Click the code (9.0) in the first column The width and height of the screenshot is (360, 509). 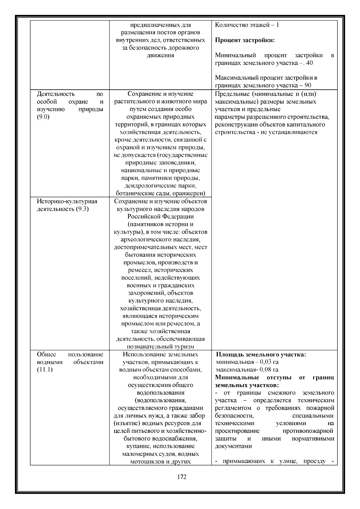coord(43,117)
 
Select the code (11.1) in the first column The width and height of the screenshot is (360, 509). coord(45,370)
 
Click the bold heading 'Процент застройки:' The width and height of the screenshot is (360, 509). coord(245,40)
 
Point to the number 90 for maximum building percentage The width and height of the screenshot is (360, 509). coord(308,85)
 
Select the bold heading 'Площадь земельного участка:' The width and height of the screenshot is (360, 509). coord(261,355)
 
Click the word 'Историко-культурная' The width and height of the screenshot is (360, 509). coord(67,201)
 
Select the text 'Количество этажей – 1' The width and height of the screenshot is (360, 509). coord(247,25)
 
